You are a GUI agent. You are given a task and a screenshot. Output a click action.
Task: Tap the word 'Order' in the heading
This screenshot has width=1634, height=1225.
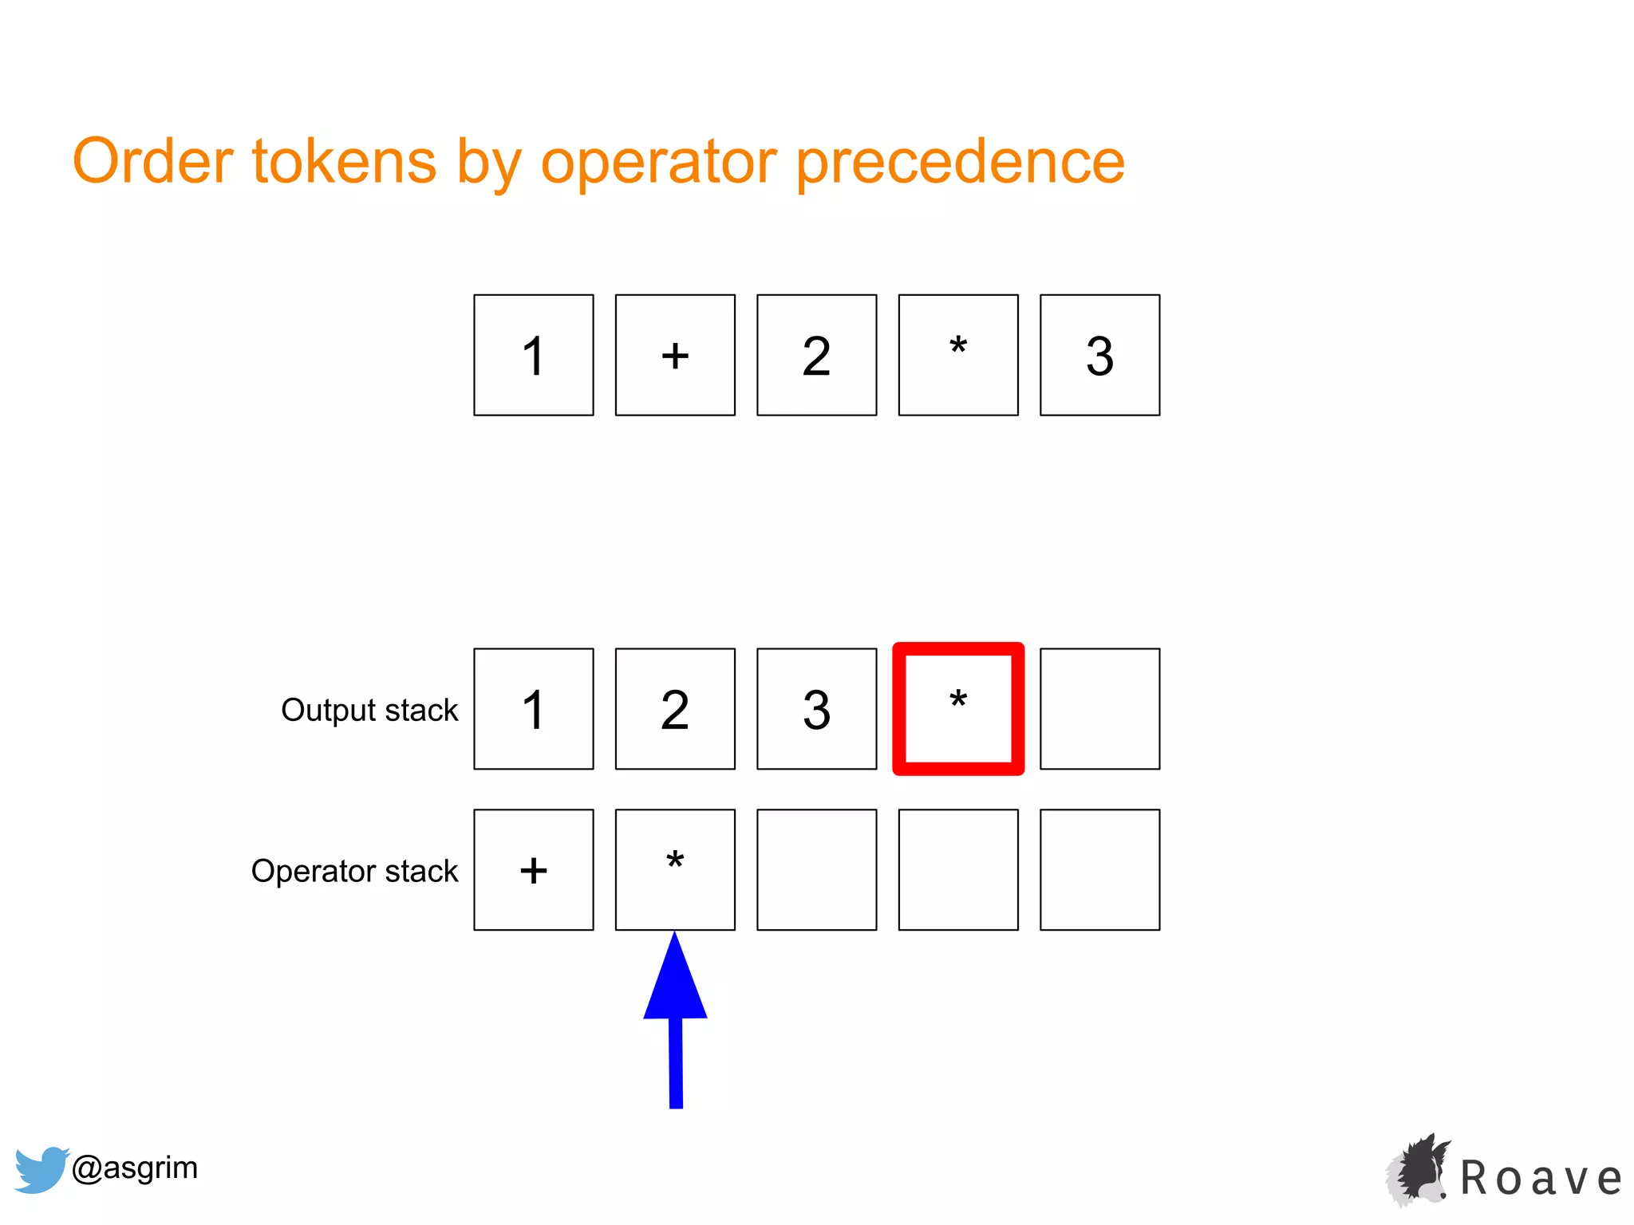point(152,162)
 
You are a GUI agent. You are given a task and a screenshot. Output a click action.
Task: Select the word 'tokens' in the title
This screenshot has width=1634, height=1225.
point(344,162)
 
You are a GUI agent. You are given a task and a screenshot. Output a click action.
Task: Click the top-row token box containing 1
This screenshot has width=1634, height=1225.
point(533,355)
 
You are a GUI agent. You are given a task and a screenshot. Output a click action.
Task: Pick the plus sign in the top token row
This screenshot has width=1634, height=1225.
point(675,355)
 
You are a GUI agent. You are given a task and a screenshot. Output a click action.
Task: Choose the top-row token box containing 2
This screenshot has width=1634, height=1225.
point(816,355)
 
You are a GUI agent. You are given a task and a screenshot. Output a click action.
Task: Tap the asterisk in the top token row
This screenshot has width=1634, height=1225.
point(958,349)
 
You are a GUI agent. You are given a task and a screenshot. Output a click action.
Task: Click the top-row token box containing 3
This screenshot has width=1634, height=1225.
point(1099,355)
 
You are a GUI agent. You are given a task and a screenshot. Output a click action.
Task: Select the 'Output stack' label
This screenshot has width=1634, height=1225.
point(369,710)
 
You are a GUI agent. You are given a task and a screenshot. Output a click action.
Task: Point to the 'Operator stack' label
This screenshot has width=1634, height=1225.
point(354,871)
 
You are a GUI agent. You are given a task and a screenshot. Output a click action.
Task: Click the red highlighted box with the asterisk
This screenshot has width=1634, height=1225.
point(958,708)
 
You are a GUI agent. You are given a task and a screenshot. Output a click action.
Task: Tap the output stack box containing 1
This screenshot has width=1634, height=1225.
point(533,709)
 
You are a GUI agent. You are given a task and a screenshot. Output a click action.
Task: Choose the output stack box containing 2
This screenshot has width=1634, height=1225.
point(675,709)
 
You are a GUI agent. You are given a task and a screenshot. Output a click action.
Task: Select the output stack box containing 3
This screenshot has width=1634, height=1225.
point(816,709)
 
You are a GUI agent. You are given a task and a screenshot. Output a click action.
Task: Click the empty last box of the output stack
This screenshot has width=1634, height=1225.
point(1099,709)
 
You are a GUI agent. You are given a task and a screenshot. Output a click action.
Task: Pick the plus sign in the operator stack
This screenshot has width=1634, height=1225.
point(533,870)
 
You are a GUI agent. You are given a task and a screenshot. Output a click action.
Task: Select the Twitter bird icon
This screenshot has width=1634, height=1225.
point(40,1169)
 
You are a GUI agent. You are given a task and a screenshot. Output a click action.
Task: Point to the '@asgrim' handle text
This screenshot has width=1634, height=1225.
point(134,1168)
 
